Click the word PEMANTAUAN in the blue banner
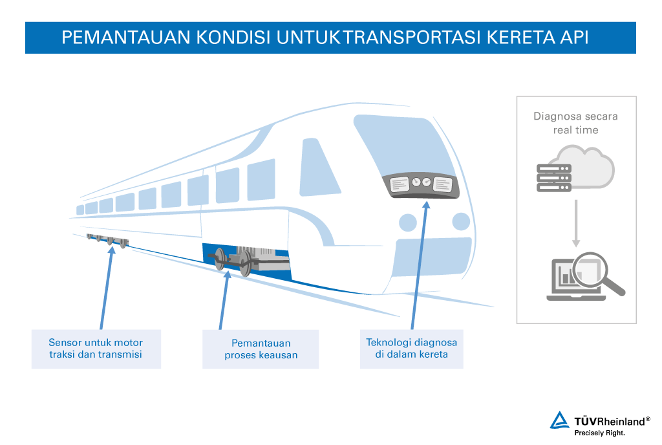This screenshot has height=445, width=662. [126, 37]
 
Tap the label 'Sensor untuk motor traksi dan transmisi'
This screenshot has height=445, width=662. [96, 349]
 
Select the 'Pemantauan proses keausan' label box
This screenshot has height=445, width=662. [261, 349]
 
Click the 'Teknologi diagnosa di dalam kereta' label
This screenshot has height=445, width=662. [412, 349]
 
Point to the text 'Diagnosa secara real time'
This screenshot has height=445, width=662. [575, 123]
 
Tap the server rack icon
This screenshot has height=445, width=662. [554, 178]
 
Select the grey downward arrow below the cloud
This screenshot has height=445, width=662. [576, 223]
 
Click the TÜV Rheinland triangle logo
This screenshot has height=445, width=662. [559, 420]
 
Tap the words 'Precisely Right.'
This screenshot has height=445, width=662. [599, 433]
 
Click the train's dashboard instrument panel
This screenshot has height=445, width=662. [421, 185]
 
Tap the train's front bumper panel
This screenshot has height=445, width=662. [432, 257]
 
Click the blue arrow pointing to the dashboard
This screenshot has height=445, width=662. [420, 265]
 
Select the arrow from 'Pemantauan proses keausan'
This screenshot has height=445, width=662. [224, 300]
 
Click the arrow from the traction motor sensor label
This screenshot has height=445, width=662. [107, 288]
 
